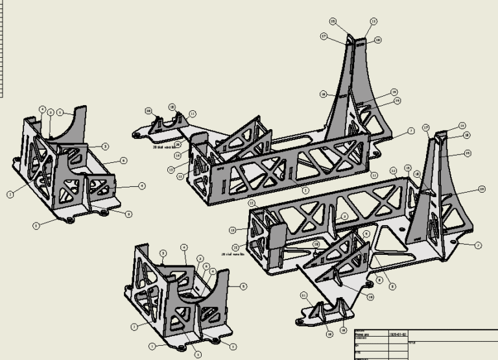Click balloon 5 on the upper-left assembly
(x=60, y=112)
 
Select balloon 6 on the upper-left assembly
(x=123, y=160)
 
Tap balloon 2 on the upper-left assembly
(x=10, y=194)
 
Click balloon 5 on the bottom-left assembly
(x=243, y=285)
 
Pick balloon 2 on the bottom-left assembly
(x=134, y=326)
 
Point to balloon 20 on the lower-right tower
(x=482, y=189)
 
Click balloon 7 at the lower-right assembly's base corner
(x=478, y=245)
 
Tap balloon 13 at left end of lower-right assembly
(x=232, y=230)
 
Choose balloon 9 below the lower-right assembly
(x=392, y=287)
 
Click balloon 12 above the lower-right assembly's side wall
(x=393, y=171)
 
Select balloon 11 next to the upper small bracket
(x=192, y=114)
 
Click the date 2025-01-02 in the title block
(x=397, y=335)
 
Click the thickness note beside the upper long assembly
(x=165, y=147)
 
